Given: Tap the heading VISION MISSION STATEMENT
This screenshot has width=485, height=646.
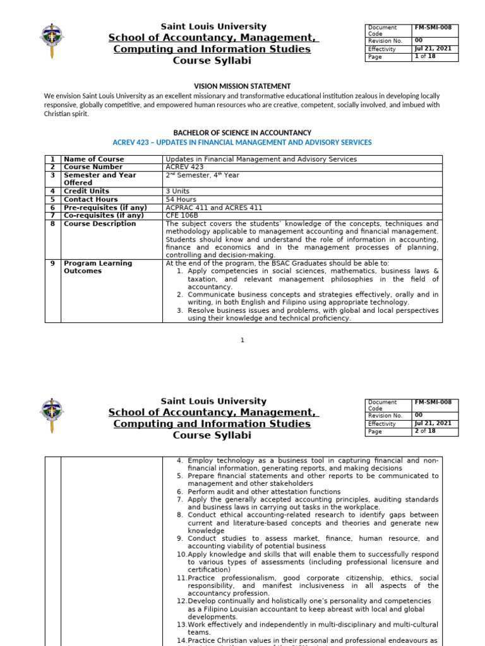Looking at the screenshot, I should pos(242,86).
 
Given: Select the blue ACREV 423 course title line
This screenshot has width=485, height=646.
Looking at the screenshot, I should pos(242,143).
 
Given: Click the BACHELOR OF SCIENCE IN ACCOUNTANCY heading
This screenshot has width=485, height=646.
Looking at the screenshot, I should pos(242,132).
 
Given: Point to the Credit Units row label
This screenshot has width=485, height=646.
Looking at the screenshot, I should pos(87,191).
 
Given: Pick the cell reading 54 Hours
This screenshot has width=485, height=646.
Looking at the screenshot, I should pos(181,199).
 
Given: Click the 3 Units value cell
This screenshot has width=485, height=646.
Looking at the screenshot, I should pos(179,191).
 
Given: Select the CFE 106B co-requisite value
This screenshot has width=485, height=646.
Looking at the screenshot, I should pos(182,216).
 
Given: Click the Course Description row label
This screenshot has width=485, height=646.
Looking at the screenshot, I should pos(100,224).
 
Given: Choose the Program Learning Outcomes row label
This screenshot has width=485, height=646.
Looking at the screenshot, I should pos(98,267).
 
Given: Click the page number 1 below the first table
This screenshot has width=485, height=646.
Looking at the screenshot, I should pos(242,341).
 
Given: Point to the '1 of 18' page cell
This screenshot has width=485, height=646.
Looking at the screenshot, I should pos(424,57).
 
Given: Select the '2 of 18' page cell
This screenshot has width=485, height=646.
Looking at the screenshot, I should pos(424,432).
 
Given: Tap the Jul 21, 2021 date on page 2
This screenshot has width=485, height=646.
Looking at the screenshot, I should pos(433,423).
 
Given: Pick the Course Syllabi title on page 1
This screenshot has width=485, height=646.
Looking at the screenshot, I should pos(212,61).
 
